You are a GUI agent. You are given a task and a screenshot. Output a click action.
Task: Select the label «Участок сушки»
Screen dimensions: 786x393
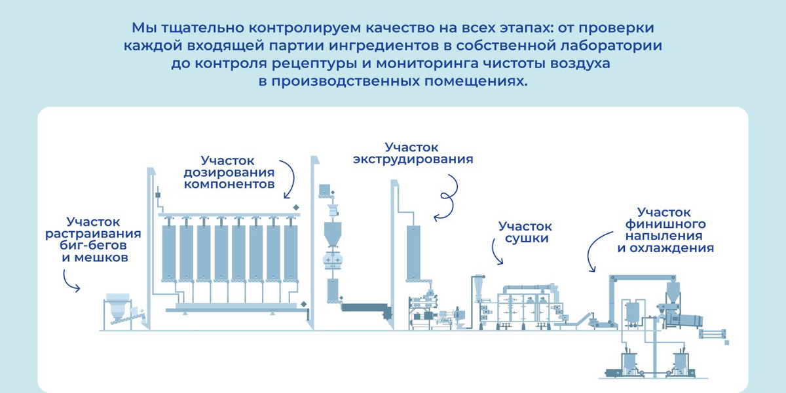(525, 232)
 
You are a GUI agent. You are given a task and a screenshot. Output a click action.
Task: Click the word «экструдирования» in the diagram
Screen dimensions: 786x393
(413, 159)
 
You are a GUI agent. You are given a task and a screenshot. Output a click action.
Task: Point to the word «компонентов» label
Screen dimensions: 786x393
(229, 184)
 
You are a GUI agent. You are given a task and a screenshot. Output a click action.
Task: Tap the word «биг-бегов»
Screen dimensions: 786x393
(93, 245)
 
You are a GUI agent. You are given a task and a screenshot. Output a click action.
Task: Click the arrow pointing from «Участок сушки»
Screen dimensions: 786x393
(494, 252)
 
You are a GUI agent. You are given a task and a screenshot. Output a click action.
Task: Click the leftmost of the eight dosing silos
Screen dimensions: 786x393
(169, 253)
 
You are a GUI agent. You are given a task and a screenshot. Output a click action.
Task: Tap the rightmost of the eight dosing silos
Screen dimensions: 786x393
(291, 253)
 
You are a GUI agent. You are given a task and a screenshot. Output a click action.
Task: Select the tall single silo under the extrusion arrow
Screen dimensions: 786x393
(413, 253)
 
